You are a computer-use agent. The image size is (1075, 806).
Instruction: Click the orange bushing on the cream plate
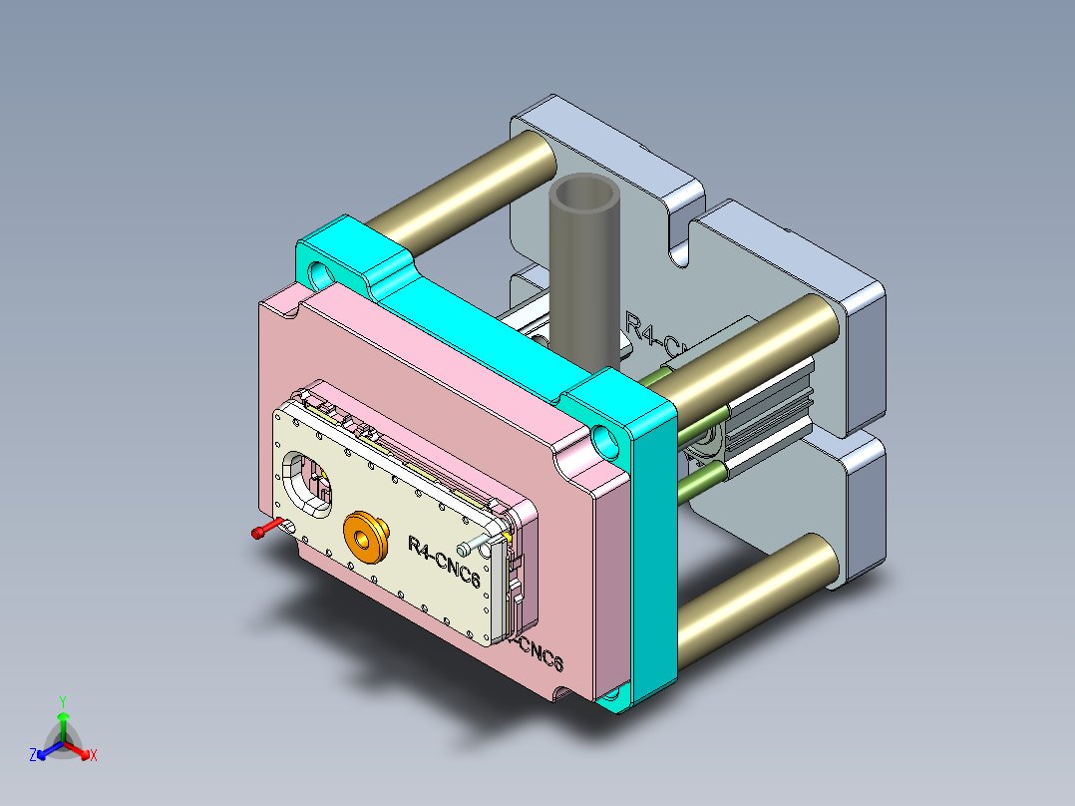point(365,538)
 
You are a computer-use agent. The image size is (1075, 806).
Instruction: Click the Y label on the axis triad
point(62,701)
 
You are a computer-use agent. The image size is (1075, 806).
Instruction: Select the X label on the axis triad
point(94,756)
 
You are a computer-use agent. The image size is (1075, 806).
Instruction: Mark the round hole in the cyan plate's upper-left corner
point(322,272)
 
